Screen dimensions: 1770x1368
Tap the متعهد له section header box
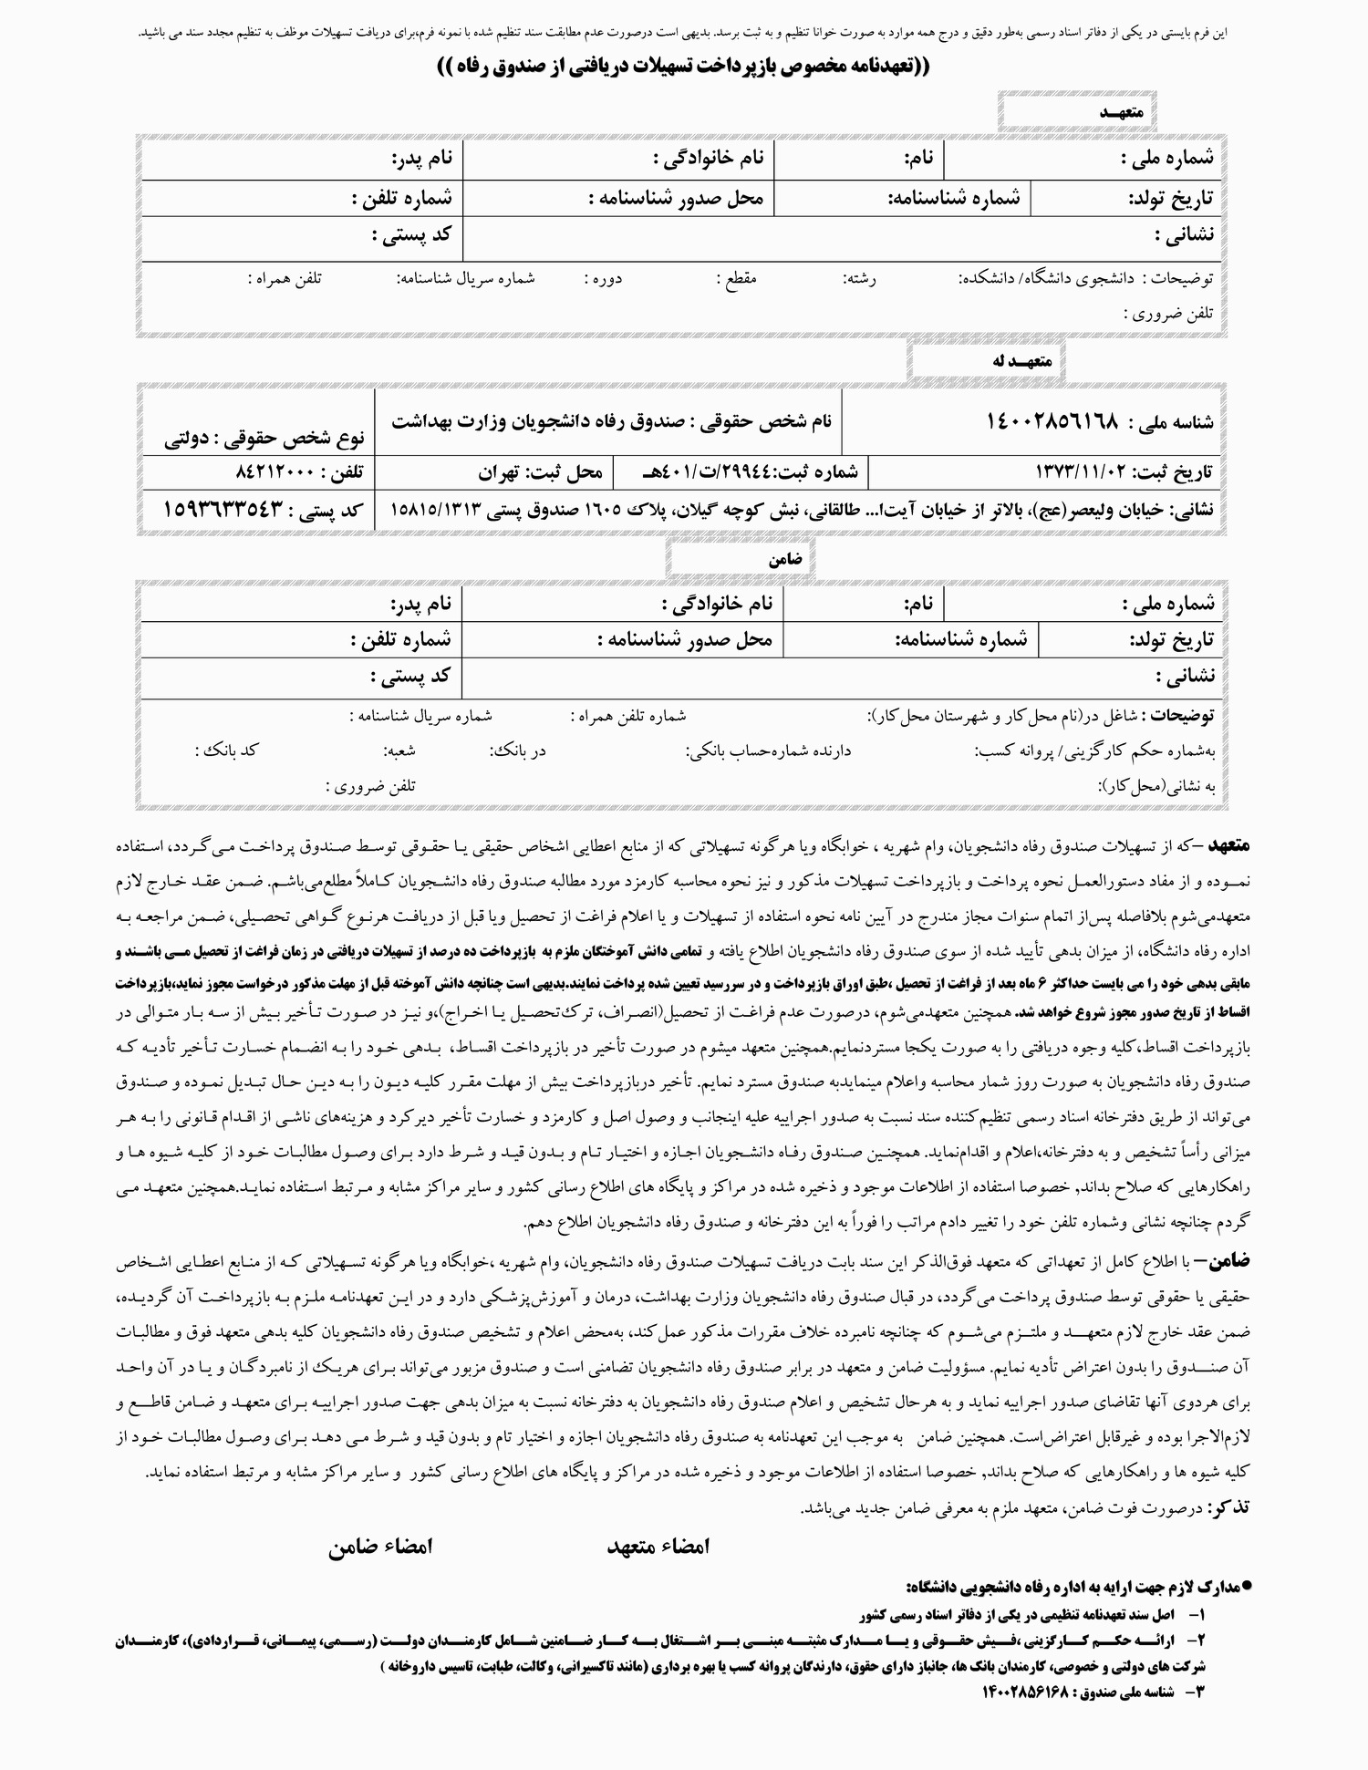tap(986, 361)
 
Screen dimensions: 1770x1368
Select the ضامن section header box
tap(740, 560)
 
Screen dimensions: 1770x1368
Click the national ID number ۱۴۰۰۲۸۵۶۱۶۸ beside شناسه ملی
tap(1052, 421)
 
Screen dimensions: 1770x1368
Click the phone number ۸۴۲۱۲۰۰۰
tap(274, 473)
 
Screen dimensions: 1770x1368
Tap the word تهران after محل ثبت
tap(498, 473)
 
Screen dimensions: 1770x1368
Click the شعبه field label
tap(399, 750)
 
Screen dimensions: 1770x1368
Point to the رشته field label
tap(860, 279)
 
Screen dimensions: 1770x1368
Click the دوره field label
tap(604, 279)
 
